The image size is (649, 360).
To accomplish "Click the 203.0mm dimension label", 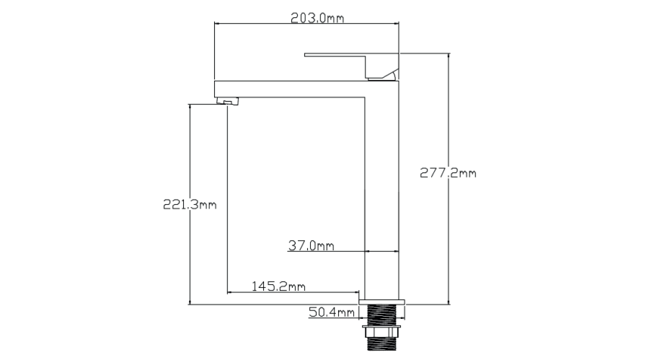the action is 317,18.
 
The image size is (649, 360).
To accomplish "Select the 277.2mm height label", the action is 448,172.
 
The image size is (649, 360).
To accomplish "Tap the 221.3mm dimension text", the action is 190,204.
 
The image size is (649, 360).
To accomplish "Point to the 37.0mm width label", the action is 312,246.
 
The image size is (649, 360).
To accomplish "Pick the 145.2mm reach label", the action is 278,286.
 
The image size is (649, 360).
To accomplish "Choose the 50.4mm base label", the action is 332,312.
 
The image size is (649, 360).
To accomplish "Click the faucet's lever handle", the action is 351,65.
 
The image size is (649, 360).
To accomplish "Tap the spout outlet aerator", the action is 228,101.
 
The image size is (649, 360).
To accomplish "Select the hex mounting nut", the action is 381,331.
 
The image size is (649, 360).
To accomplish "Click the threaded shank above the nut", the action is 381,315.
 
